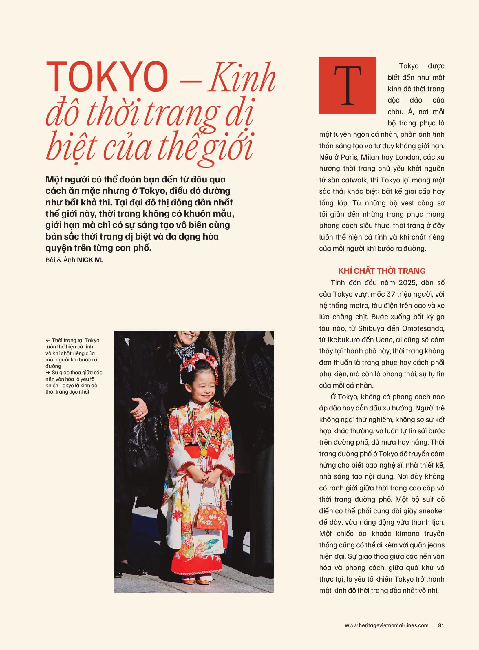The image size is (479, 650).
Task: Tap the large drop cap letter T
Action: (347, 85)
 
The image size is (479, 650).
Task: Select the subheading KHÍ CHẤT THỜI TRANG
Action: (382, 271)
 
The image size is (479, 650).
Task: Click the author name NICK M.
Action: (90, 260)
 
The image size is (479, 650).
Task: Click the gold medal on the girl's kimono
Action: (204, 452)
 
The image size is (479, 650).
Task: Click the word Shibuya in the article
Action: (372, 328)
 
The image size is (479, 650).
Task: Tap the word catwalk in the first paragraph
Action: (354, 180)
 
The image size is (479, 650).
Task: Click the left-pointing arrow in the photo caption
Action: (48, 340)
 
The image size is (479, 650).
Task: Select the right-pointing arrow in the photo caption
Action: (48, 373)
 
